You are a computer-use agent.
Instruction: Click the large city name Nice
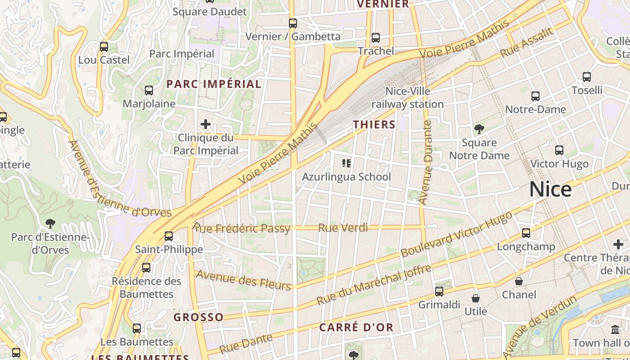tap(550, 189)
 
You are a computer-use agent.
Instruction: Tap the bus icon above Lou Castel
tap(104, 46)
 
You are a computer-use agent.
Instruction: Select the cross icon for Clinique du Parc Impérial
tap(206, 124)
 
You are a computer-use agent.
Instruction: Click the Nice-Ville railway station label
tap(408, 98)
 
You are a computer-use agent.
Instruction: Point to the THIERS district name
tap(374, 125)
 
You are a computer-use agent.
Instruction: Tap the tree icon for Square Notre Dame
tap(479, 130)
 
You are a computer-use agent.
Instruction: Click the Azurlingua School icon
tap(346, 163)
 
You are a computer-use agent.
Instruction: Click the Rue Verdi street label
tap(343, 228)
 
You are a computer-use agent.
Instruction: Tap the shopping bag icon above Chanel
tap(519, 281)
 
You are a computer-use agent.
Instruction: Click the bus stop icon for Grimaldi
tap(439, 291)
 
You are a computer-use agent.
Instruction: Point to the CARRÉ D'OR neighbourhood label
tap(356, 327)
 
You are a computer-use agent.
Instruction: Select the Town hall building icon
tap(615, 330)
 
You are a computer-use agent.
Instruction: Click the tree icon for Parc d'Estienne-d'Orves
tap(50, 223)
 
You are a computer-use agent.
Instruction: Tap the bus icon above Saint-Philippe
tap(169, 236)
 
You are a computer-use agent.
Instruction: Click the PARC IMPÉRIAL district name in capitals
tap(214, 84)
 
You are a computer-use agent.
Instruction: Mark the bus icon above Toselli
tap(587, 77)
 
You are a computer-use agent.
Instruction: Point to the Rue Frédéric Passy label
tap(242, 228)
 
